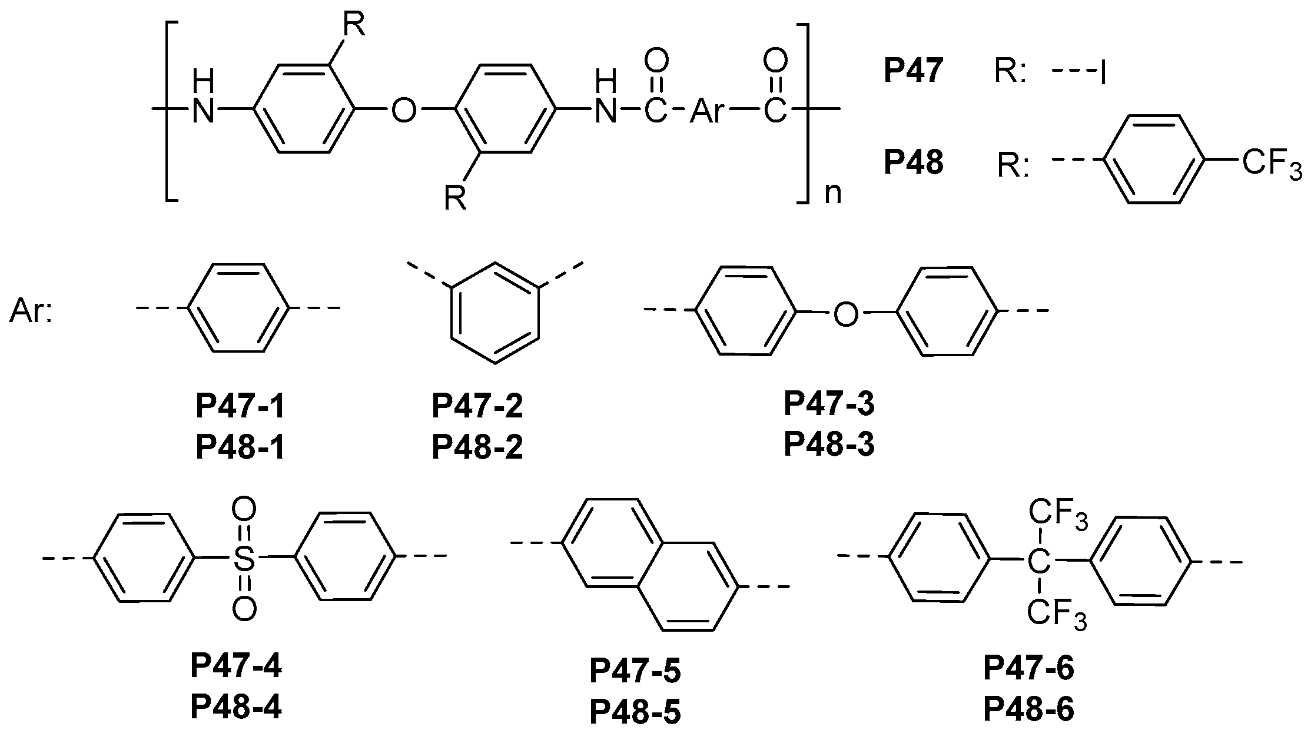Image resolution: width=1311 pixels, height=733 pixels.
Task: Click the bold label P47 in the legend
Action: coord(913,72)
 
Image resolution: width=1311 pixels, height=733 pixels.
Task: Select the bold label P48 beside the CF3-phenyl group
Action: coord(913,162)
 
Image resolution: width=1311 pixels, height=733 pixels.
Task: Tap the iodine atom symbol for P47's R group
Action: coord(1101,75)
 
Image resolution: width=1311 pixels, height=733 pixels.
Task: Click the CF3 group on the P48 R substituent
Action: coord(1272,163)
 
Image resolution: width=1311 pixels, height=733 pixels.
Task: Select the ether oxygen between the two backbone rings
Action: coord(404,110)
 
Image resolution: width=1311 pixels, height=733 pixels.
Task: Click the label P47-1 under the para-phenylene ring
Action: coord(240,407)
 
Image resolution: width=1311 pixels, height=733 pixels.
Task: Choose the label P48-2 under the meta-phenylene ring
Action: coord(477,448)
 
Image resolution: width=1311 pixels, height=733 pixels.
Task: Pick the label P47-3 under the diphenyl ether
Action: coord(829,404)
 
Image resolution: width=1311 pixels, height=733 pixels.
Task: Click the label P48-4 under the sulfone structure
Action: coord(235,707)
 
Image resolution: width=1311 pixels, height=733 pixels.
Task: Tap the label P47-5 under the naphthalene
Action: coord(635,672)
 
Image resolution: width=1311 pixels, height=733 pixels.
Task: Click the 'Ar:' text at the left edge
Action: coord(31,311)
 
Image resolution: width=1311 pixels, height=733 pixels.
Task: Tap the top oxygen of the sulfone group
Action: coord(244,508)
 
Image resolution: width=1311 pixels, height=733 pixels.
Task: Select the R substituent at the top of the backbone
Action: coord(353,26)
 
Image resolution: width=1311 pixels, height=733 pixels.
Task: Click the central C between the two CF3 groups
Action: coord(1038,563)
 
